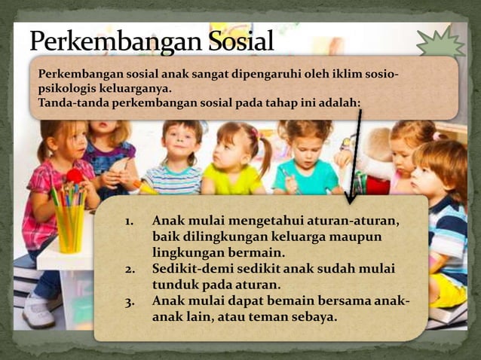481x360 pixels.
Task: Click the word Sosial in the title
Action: pyautogui.click(x=231, y=41)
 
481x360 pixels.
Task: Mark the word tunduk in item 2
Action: pyautogui.click(x=176, y=285)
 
